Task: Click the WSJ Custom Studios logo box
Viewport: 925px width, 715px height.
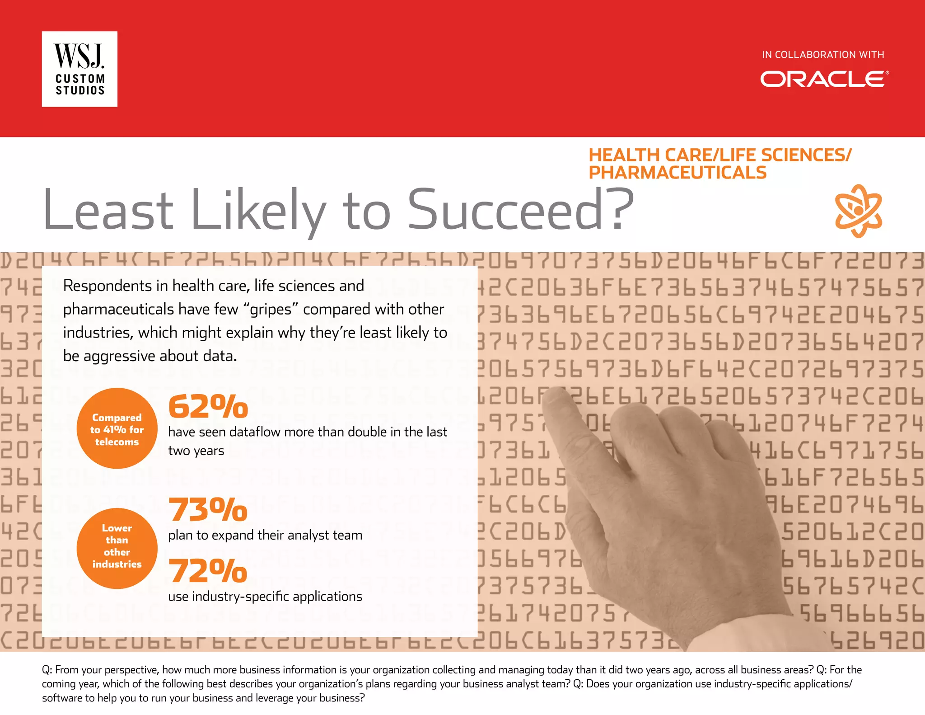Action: tap(79, 69)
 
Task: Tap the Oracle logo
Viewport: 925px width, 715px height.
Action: tap(824, 79)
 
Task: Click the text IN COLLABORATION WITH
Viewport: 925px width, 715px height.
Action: tap(823, 55)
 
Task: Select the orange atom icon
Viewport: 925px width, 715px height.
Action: tap(858, 211)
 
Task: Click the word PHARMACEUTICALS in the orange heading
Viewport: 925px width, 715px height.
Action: tap(677, 173)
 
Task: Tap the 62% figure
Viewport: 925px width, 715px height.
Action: tap(208, 406)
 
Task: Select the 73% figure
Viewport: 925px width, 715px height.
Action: tap(208, 509)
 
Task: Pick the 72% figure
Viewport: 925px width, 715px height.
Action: tap(208, 571)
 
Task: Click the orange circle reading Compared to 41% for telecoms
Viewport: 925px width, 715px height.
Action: tap(117, 428)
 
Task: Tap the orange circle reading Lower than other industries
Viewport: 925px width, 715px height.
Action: tap(117, 548)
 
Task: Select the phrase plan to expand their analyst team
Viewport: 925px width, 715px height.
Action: tap(265, 535)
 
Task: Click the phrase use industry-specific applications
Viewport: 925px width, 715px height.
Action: tap(265, 597)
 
